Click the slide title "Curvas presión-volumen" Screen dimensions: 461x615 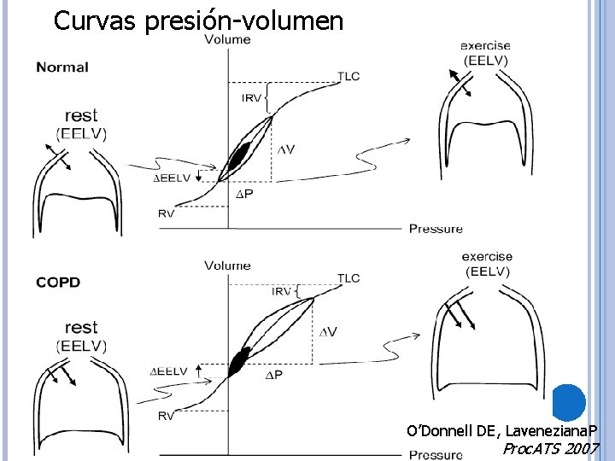click(x=198, y=20)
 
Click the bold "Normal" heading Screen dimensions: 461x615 click(x=62, y=67)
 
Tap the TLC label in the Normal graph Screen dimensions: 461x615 click(x=348, y=76)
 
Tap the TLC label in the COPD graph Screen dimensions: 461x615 click(x=348, y=278)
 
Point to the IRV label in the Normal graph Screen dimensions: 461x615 click(x=251, y=98)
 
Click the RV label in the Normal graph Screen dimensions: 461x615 click(x=166, y=213)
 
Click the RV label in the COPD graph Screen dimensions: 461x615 click(x=167, y=416)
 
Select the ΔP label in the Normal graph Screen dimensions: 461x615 click(x=244, y=194)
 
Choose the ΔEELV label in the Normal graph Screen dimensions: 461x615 click(x=171, y=178)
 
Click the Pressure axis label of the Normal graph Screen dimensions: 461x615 click(x=436, y=228)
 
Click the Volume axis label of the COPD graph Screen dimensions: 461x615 click(x=227, y=266)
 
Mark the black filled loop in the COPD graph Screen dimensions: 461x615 click(x=238, y=361)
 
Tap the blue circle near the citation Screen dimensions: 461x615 click(x=568, y=402)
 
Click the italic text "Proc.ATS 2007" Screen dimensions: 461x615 click(x=551, y=449)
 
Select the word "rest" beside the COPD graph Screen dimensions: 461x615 click(x=81, y=328)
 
